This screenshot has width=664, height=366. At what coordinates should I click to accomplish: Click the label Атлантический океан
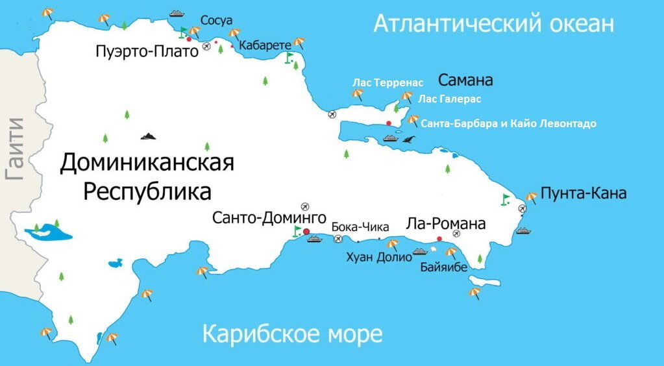tap(493, 25)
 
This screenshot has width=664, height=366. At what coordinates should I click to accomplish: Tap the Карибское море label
tap(292, 335)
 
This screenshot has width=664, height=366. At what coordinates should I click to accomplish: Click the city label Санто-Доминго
tap(269, 217)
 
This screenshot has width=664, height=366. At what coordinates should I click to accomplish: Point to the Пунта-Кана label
tap(583, 193)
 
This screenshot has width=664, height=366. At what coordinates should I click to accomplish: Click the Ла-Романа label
tap(445, 224)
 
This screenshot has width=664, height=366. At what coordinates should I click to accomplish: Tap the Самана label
tap(465, 80)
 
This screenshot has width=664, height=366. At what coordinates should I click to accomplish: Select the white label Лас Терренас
tap(387, 82)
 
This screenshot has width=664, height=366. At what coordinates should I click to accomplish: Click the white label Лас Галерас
tap(449, 99)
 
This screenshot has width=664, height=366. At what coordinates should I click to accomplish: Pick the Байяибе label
tap(443, 267)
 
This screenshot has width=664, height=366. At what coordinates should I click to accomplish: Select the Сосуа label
tap(216, 21)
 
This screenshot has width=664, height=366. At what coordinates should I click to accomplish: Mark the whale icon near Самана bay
tap(408, 139)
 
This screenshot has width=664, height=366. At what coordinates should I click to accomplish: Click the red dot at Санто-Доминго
tap(306, 231)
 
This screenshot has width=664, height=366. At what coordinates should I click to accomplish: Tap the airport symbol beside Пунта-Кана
tap(523, 208)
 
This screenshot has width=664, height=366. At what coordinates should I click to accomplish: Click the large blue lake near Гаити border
tap(48, 232)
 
